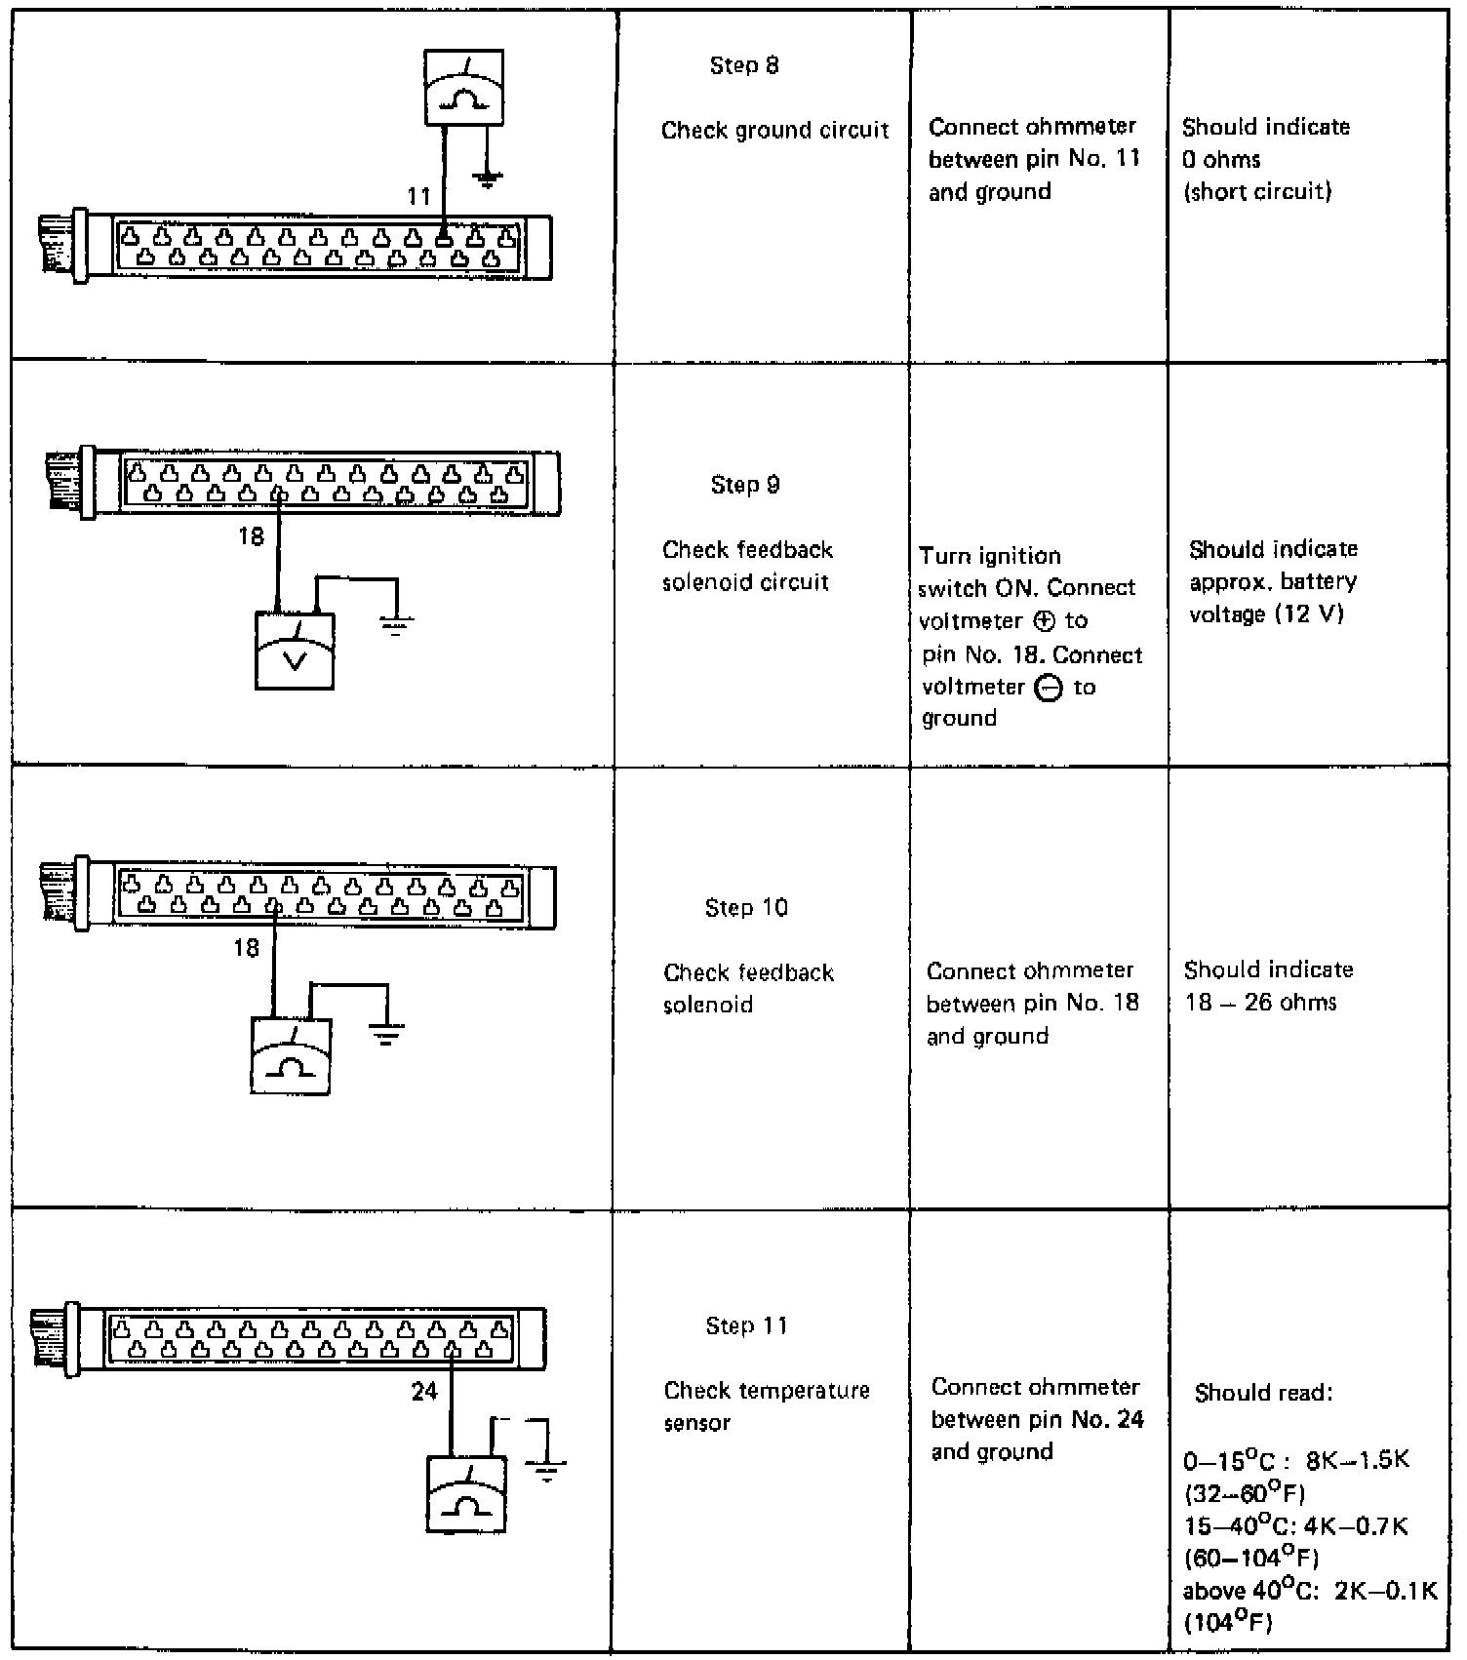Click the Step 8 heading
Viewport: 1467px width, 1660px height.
point(744,65)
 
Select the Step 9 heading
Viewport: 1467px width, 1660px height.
point(745,485)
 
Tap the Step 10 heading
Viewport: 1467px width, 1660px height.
point(746,908)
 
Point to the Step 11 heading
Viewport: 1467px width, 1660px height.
point(746,1325)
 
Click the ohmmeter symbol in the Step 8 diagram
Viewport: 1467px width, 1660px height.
point(464,88)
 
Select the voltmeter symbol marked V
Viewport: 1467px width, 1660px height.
point(295,651)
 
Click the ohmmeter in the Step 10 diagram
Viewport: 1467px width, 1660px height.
point(291,1056)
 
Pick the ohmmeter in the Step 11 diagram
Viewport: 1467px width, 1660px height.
point(466,1493)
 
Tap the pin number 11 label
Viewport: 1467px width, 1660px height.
point(418,196)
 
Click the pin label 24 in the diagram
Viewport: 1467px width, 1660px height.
point(424,1392)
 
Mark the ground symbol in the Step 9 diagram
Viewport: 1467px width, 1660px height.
point(396,625)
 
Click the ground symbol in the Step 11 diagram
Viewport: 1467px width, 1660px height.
point(546,1470)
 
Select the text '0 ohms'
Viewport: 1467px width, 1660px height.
point(1221,159)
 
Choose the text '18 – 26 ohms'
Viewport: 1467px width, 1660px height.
point(1260,1003)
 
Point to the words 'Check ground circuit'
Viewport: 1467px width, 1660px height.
point(775,131)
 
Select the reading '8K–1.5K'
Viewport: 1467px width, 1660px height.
point(1358,1461)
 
